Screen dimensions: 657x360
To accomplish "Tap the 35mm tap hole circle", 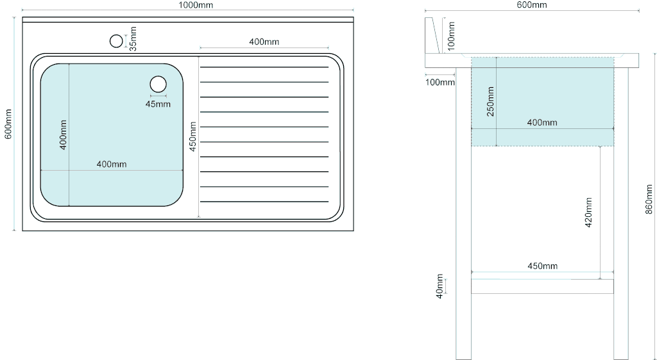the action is pyautogui.click(x=117, y=42).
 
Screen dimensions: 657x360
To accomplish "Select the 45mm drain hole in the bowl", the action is pyautogui.click(x=158, y=84).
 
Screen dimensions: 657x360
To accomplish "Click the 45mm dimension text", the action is pyautogui.click(x=158, y=104).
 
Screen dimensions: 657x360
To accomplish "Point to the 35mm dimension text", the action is pyautogui.click(x=133, y=39).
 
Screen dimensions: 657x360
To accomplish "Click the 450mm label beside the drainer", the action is pyautogui.click(x=192, y=137).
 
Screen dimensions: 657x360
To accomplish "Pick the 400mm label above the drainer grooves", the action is pyautogui.click(x=264, y=42).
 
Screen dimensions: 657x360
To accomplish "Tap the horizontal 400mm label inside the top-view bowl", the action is pyautogui.click(x=112, y=164).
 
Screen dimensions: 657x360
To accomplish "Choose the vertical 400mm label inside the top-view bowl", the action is pyautogui.click(x=64, y=135).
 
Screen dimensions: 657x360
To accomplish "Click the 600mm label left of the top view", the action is pyautogui.click(x=8, y=124).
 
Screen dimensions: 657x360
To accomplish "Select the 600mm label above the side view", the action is pyautogui.click(x=532, y=5).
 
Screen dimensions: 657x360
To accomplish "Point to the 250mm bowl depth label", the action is pyautogui.click(x=491, y=101).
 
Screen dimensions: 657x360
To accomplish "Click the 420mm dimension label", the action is pyautogui.click(x=588, y=212).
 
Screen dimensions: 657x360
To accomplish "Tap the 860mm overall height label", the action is pyautogui.click(x=649, y=199).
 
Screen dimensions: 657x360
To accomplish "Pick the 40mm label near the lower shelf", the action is pyautogui.click(x=439, y=286).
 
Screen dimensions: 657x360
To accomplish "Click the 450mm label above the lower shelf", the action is pyautogui.click(x=543, y=266).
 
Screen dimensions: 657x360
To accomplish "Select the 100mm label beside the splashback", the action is pyautogui.click(x=451, y=37).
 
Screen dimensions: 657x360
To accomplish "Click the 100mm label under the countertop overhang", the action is pyautogui.click(x=440, y=82).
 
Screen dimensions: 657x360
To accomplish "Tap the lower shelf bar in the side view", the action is pyautogui.click(x=542, y=286).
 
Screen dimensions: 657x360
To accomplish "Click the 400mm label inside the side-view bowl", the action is pyautogui.click(x=542, y=123).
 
